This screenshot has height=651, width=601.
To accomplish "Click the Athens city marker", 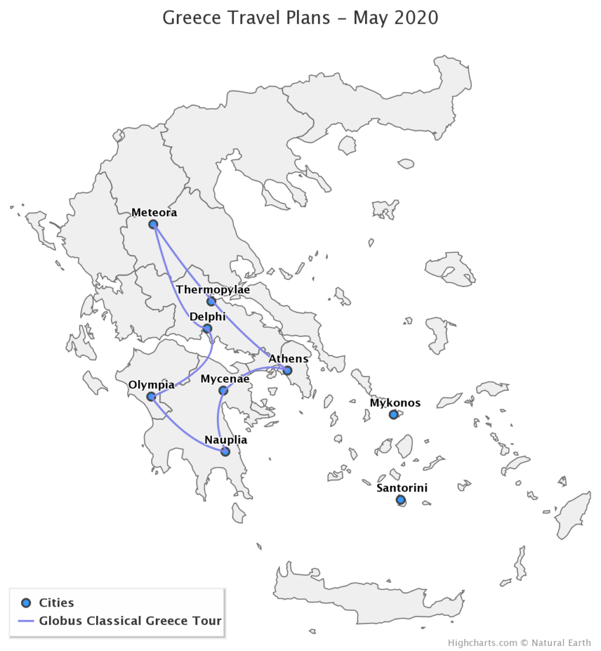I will [287, 371].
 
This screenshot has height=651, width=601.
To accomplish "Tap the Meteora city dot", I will [153, 224].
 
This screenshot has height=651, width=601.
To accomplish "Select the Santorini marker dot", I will [401, 500].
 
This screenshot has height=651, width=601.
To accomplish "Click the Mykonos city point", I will [394, 415].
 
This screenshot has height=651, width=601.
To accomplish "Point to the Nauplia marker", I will [225, 451].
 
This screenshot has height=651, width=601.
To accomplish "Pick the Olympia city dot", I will [151, 397].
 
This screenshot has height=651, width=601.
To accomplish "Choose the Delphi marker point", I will [207, 329].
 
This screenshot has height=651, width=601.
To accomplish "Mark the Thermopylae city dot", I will [211, 301].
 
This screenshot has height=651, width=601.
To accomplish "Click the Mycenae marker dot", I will [223, 390].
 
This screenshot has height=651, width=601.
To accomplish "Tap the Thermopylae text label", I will [213, 290].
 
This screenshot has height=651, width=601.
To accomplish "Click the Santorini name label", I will [402, 488].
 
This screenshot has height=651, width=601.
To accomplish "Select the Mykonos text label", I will [395, 403].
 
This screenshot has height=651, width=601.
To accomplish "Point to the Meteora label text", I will [154, 213].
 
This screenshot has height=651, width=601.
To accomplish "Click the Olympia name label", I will [151, 385].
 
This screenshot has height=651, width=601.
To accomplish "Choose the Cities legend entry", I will [56, 603].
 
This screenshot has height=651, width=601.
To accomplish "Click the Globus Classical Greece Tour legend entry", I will [130, 620].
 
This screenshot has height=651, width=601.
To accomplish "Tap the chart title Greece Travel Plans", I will [300, 17].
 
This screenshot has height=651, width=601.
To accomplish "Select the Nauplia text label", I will [226, 440].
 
